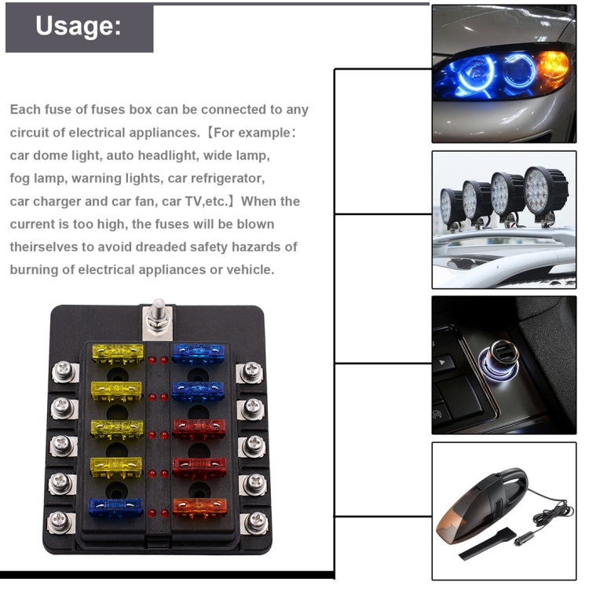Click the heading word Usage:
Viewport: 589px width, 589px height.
[x=79, y=26]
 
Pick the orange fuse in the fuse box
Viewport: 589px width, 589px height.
[x=199, y=507]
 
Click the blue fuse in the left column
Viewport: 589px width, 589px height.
[x=115, y=507]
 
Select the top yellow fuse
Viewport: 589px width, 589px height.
[x=118, y=353]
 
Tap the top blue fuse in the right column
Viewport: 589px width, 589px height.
[x=199, y=353]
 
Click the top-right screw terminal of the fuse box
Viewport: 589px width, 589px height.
[x=251, y=371]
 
